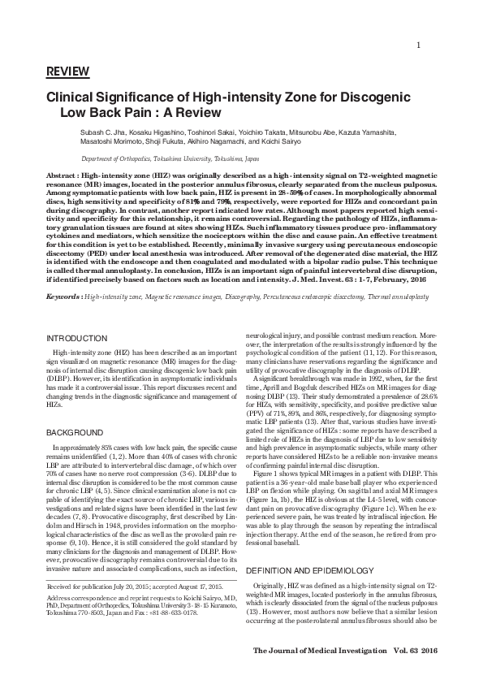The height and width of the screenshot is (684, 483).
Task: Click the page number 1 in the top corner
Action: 417,45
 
